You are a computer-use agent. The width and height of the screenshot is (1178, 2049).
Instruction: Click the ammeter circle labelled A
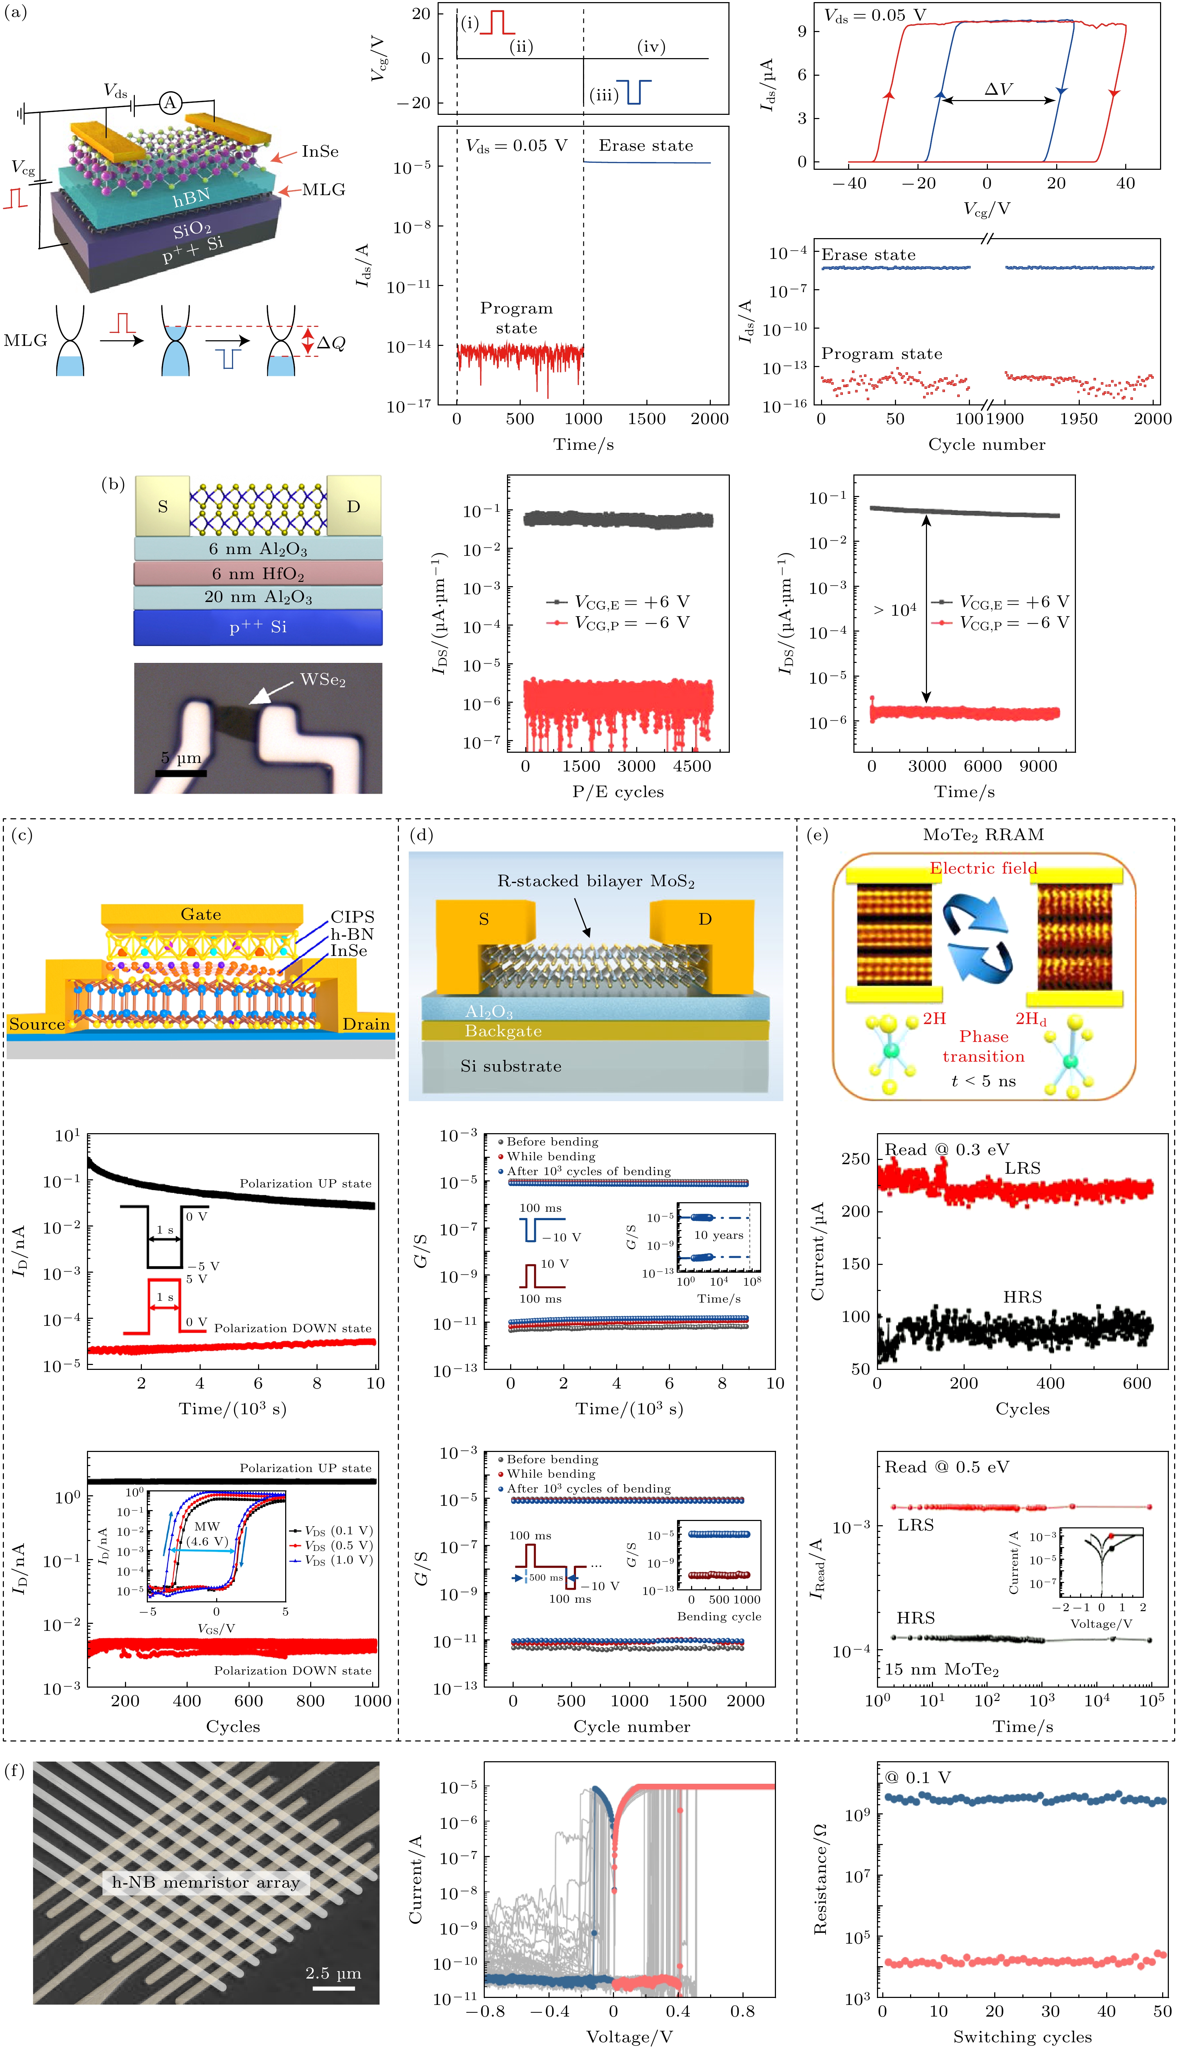(x=170, y=103)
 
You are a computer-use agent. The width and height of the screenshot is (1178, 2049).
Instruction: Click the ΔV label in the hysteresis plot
(x=998, y=89)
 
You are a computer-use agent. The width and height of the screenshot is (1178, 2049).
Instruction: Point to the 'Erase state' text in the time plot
(x=646, y=146)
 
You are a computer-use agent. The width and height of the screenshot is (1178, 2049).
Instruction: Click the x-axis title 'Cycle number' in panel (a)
(x=986, y=444)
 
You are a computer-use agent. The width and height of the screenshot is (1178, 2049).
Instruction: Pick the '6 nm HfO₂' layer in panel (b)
(x=258, y=574)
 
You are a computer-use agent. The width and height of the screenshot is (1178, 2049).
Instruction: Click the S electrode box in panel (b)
(x=163, y=507)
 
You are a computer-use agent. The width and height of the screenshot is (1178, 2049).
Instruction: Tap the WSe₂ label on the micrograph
(x=323, y=680)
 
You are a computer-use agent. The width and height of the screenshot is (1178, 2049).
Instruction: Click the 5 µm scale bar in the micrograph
(x=180, y=773)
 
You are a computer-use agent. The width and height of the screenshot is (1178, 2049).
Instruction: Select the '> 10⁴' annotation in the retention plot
(x=895, y=610)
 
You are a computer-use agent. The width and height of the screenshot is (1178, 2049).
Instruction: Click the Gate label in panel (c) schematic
(x=201, y=914)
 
